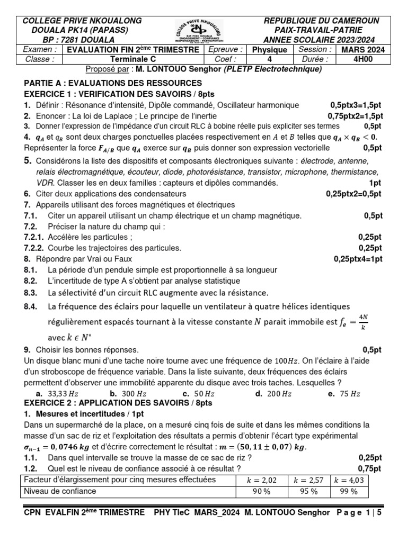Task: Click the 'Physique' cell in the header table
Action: click(269, 50)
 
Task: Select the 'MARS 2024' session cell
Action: click(357, 50)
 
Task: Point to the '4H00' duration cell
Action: click(357, 59)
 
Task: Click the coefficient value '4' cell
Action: click(269, 59)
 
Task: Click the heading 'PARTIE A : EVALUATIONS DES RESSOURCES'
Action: click(113, 83)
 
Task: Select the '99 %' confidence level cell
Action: click(348, 492)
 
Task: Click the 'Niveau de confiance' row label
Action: click(59, 491)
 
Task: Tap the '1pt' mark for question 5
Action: click(375, 183)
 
